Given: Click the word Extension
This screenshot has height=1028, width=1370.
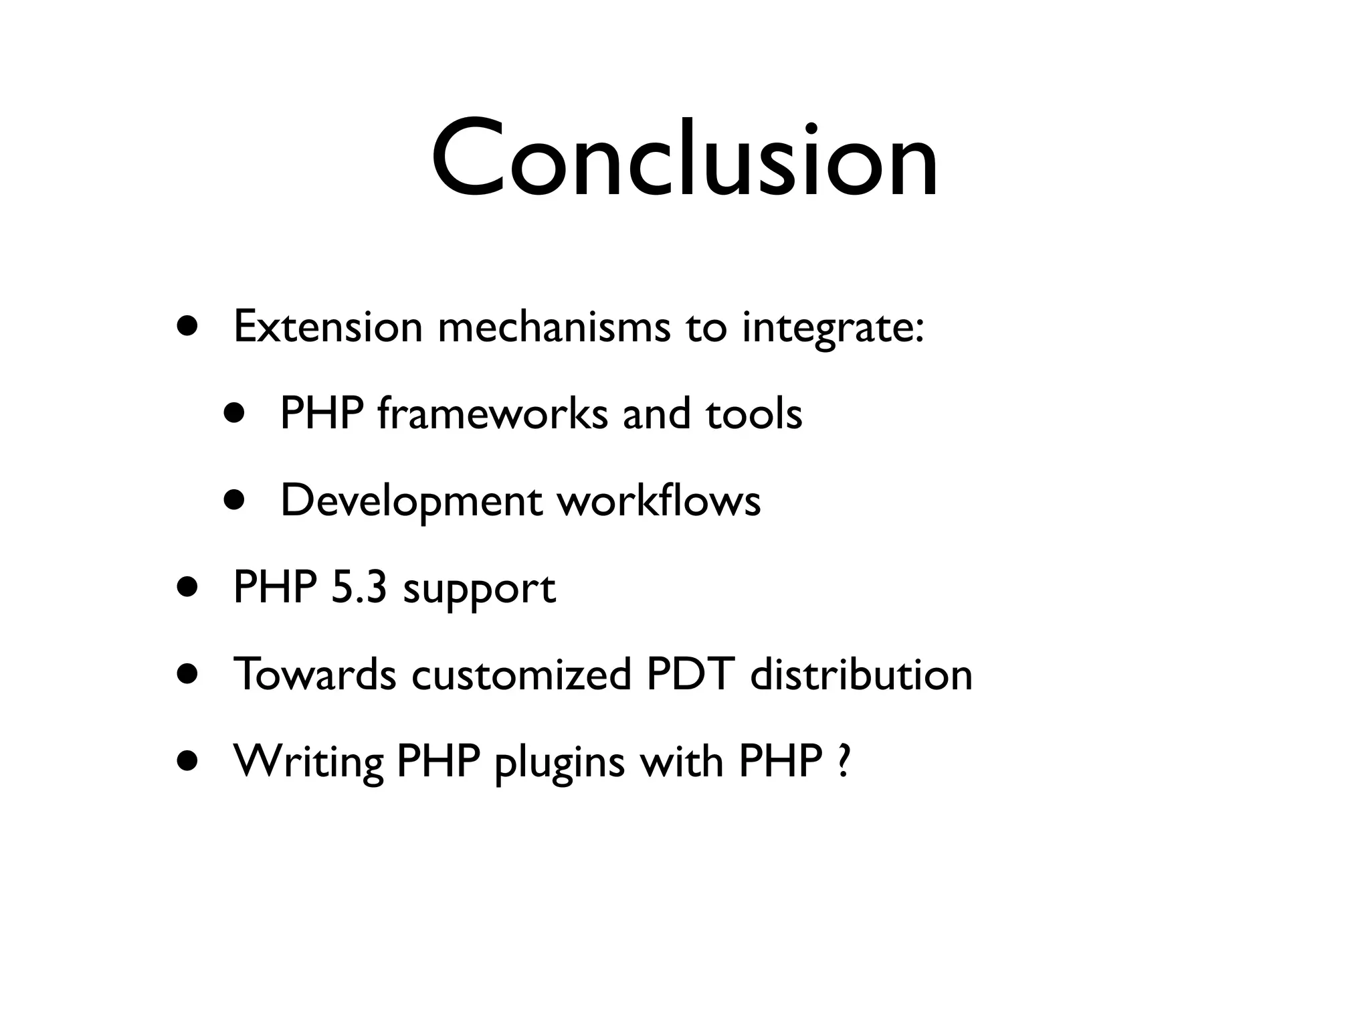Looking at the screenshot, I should coord(328,328).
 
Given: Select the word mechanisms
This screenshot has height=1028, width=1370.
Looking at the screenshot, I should coord(554,328).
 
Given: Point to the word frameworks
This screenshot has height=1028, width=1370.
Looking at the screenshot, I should coord(492,414).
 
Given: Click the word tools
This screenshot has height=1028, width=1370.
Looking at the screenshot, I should coord(754,414).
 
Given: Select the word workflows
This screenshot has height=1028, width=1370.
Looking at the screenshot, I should coord(660,501).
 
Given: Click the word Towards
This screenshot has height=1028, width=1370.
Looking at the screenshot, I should coord(314,675).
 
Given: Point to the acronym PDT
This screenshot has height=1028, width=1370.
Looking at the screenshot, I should coord(690,675).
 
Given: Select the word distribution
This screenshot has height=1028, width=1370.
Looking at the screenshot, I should coord(861,675).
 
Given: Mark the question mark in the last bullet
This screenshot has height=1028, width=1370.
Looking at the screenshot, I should coord(844,762).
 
